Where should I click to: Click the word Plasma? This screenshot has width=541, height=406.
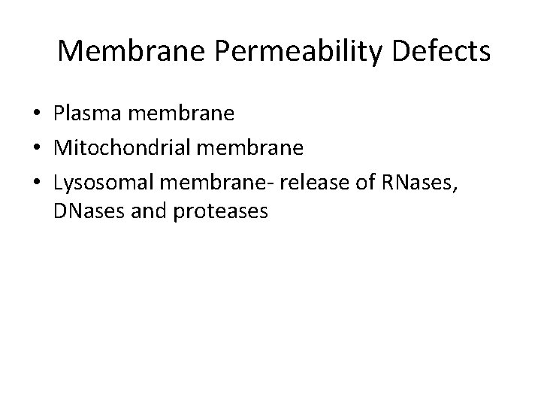click(86, 115)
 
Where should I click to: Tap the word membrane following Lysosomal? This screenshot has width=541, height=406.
click(219, 180)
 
